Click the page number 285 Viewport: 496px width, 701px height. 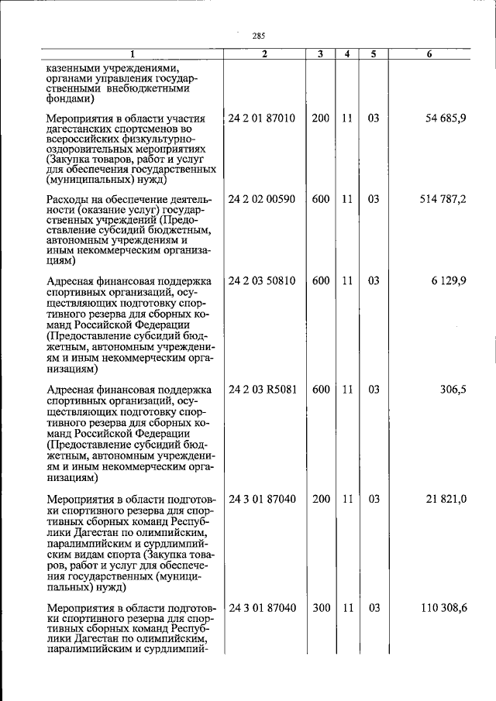pos(259,36)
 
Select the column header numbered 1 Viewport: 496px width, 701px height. pos(132,54)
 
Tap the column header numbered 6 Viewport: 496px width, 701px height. pos(429,54)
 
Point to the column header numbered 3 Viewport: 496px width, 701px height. pos(320,54)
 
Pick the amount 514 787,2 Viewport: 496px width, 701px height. pos(443,199)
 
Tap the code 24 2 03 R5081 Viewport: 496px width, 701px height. pos(262,390)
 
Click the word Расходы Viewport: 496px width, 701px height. pos(69,200)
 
